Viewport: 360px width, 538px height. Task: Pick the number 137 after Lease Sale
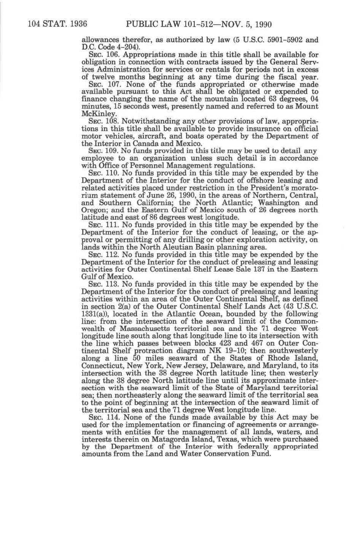point(266,270)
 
